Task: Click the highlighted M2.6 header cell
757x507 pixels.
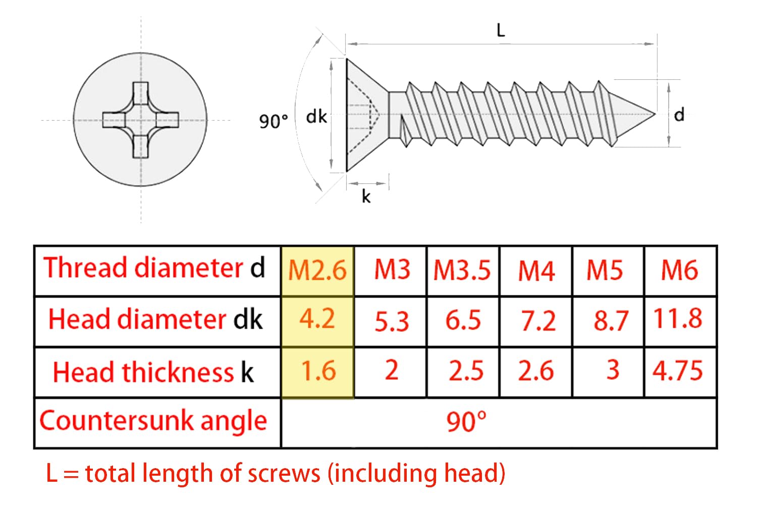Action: (x=317, y=271)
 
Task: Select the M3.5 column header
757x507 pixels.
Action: (x=462, y=271)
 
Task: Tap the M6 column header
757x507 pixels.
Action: (x=680, y=270)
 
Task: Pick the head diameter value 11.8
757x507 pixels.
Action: (x=678, y=319)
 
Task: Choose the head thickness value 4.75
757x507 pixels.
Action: (x=678, y=371)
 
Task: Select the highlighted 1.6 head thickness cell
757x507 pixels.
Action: (x=317, y=372)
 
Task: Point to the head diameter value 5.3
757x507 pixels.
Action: (x=392, y=321)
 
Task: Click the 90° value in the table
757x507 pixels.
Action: (x=466, y=422)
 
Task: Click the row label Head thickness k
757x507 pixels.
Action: (x=153, y=372)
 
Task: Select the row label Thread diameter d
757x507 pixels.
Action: (x=154, y=268)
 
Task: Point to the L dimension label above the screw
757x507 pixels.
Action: (x=501, y=30)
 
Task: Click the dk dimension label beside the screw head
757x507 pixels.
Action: (x=316, y=117)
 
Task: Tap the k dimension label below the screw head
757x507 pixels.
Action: (x=366, y=196)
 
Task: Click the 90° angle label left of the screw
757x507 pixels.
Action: (x=274, y=121)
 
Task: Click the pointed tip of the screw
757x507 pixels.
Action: (x=655, y=114)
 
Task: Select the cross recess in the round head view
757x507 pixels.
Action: (x=141, y=120)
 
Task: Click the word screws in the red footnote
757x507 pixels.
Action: (x=284, y=474)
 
